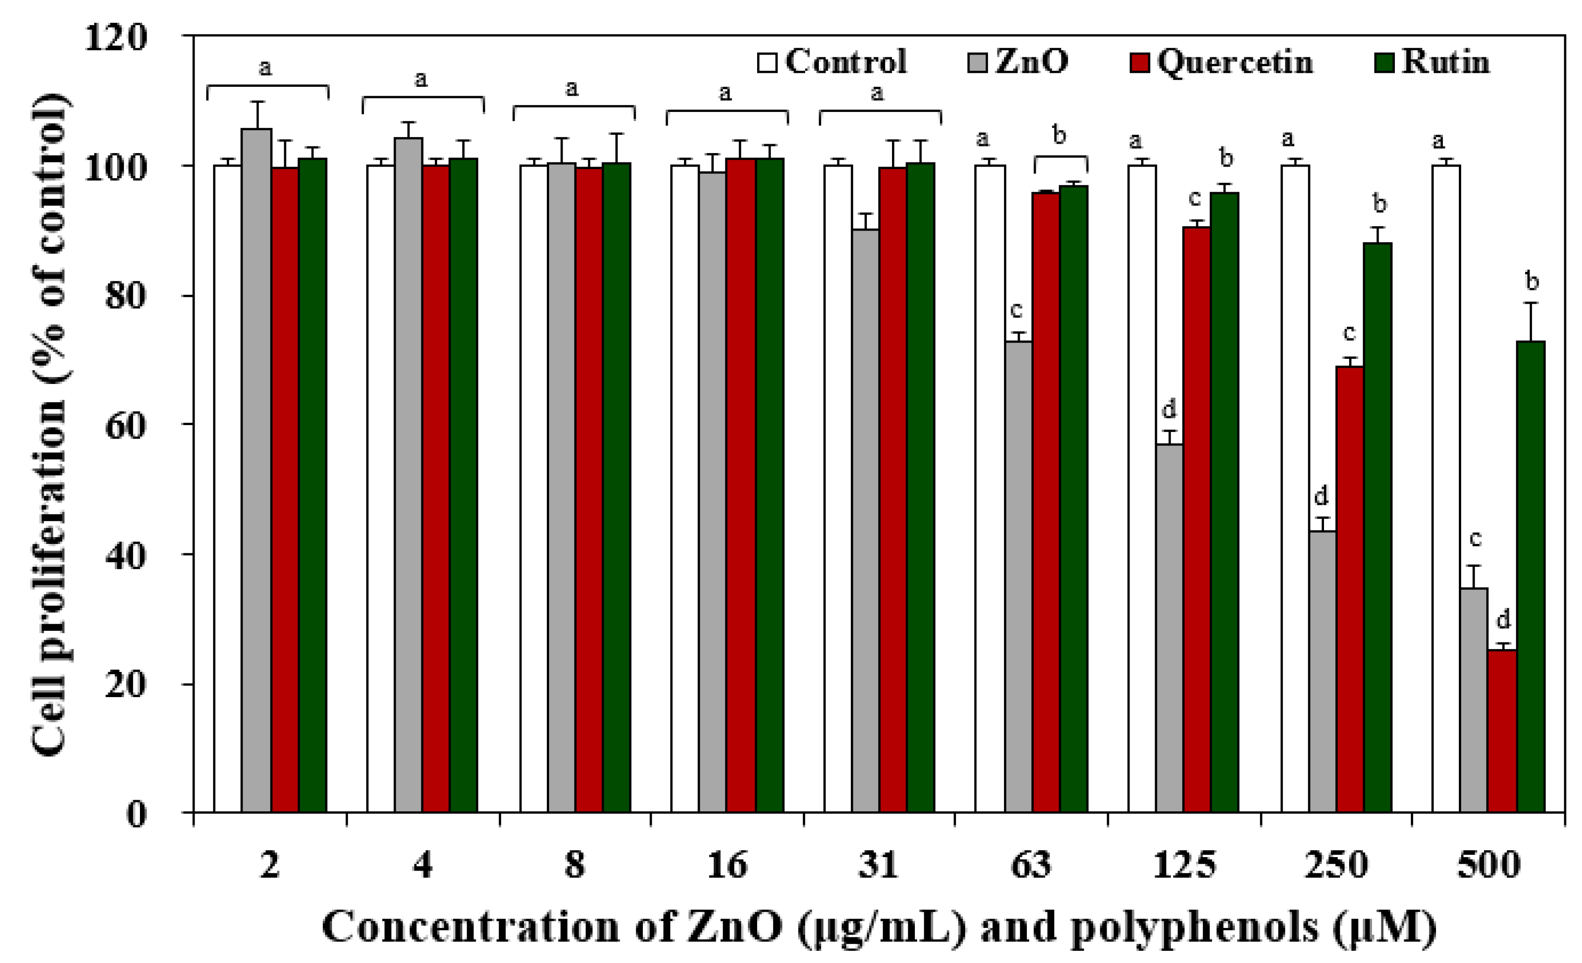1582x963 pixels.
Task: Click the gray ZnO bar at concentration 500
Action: pos(1473,700)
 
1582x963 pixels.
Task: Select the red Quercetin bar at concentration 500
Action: pos(1502,732)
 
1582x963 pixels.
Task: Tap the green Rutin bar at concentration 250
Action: pos(1377,526)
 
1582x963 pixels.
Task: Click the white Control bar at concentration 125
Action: pos(1142,488)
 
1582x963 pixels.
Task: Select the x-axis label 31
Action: pos(878,865)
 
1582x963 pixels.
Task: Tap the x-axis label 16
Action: pos(727,865)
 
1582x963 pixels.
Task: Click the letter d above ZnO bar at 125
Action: pos(1169,408)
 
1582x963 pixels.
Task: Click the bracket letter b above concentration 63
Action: pos(1059,135)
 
